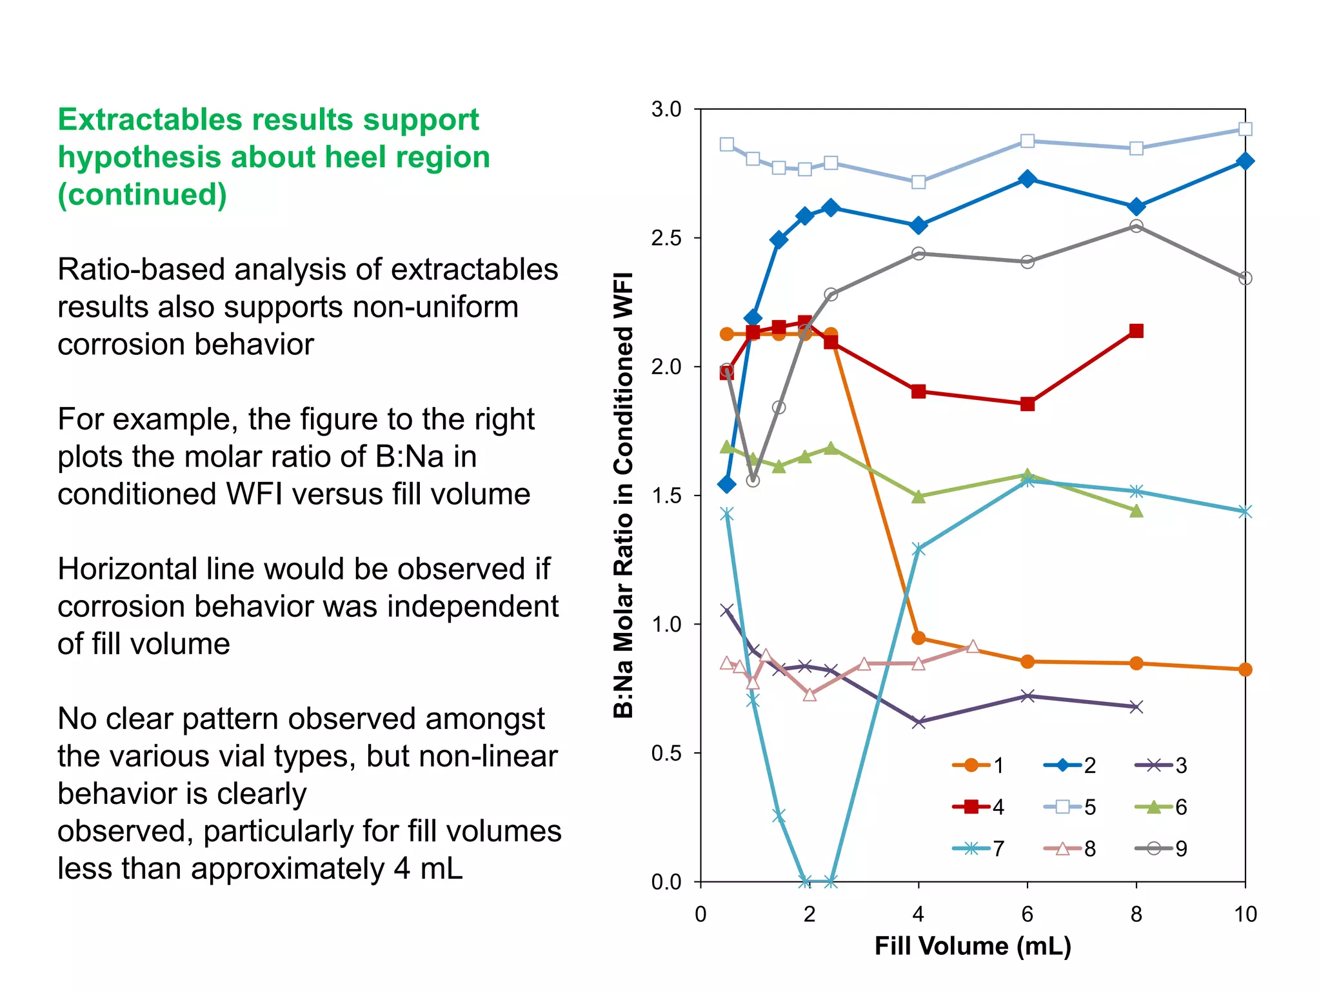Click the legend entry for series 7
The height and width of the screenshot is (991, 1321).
[x=978, y=848]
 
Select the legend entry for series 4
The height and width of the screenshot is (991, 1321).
[x=978, y=807]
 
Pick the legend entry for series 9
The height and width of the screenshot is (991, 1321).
[x=1160, y=848]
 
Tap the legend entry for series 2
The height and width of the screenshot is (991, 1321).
[x=1069, y=766]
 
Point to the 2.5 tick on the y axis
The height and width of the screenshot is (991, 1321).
[x=666, y=238]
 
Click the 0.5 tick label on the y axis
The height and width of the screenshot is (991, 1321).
[x=666, y=753]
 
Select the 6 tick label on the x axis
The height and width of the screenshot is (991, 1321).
[x=1028, y=914]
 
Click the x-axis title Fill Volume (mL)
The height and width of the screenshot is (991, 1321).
[x=973, y=946]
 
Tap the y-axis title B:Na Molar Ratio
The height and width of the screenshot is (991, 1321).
[x=623, y=495]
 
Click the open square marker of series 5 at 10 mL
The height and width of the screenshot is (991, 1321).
[x=1246, y=129]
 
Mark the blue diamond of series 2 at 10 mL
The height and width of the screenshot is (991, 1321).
[x=1246, y=161]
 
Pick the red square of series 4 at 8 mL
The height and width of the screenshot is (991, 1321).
[x=1137, y=331]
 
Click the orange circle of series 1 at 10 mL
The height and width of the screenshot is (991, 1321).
[x=1246, y=670]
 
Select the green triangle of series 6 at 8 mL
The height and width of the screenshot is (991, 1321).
[x=1137, y=511]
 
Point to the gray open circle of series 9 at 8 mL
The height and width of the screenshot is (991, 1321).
[x=1137, y=226]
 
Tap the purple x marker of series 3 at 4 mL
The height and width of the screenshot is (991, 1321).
[x=919, y=722]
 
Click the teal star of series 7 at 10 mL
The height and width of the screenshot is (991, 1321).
[x=1246, y=512]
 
